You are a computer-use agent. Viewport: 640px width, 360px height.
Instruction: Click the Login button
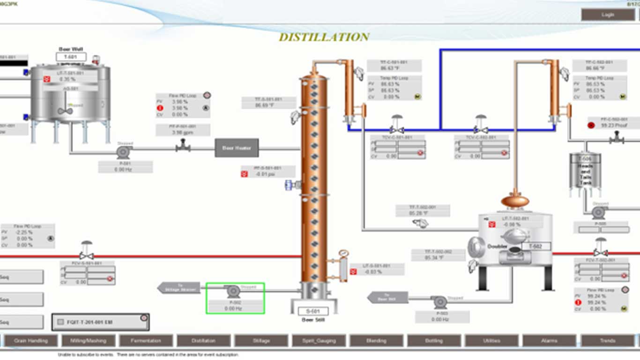click(x=608, y=15)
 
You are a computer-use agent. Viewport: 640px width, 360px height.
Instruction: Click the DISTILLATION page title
click(x=324, y=37)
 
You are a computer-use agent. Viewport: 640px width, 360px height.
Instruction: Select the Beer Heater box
click(x=237, y=148)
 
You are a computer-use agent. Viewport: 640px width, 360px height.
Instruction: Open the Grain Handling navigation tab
click(x=31, y=341)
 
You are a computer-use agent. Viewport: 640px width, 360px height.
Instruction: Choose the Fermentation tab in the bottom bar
click(x=146, y=341)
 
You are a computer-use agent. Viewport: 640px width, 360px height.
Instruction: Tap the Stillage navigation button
click(x=261, y=341)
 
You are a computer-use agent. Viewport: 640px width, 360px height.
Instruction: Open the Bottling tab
click(x=434, y=341)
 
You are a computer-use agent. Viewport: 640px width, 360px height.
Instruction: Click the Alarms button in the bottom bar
click(x=549, y=341)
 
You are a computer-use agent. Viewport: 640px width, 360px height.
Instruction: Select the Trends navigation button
click(x=607, y=341)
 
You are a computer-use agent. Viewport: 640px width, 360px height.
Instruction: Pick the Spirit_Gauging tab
click(x=319, y=341)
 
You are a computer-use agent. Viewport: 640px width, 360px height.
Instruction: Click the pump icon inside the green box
click(x=233, y=292)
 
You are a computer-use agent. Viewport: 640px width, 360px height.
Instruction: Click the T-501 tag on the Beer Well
click(x=71, y=57)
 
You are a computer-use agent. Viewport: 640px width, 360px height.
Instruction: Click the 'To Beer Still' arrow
click(x=387, y=297)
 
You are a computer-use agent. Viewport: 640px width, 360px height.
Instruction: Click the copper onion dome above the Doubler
click(x=515, y=201)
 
